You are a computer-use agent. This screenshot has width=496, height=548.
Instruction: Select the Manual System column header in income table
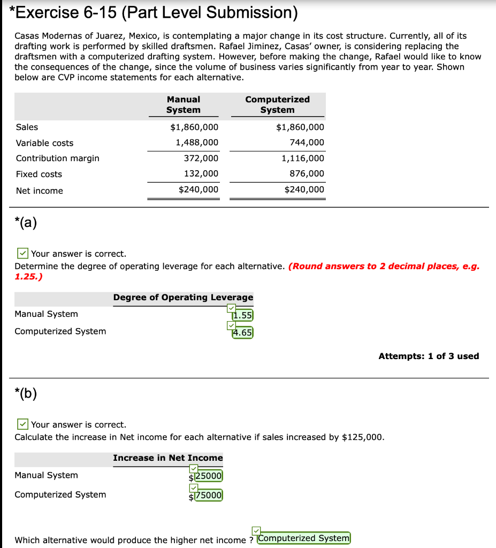183,104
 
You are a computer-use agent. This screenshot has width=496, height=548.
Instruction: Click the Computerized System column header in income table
277,104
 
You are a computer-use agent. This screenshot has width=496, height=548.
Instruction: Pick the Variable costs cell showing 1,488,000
197,142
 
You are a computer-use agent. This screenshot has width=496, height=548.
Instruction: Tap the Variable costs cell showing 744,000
308,142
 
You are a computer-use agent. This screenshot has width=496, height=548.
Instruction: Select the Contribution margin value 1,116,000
303,158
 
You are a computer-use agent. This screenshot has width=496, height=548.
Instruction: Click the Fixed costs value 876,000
308,174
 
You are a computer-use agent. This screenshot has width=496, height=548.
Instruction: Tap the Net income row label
39,191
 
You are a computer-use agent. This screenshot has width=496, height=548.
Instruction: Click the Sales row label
27,127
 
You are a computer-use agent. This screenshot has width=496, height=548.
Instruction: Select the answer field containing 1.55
242,316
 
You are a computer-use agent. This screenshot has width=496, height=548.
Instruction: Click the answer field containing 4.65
242,333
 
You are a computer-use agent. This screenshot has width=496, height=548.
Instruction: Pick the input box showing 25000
208,476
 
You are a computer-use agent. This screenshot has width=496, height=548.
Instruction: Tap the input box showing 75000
208,496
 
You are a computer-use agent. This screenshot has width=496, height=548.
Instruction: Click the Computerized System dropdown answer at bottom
304,538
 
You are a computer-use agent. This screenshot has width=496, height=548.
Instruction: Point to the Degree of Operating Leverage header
183,298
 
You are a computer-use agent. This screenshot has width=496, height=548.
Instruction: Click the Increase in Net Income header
168,458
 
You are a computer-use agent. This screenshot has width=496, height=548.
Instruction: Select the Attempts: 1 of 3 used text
429,356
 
